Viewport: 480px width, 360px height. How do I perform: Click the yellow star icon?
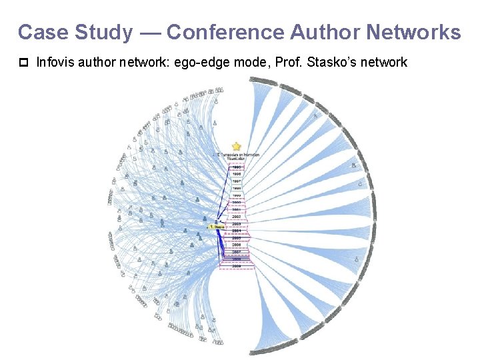[236, 146]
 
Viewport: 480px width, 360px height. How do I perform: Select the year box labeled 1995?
[237, 167]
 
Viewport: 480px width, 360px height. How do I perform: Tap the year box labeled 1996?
[237, 173]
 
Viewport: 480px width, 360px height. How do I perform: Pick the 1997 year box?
[237, 181]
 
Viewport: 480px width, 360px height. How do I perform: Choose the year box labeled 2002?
[237, 217]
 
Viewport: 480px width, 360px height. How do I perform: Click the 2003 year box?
[237, 224]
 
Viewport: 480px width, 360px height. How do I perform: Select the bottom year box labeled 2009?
[237, 266]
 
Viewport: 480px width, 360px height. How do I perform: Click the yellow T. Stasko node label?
[217, 227]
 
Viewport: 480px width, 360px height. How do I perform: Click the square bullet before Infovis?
[23, 63]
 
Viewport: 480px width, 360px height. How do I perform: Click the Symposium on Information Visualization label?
[237, 157]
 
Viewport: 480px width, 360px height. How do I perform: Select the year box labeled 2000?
[237, 202]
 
